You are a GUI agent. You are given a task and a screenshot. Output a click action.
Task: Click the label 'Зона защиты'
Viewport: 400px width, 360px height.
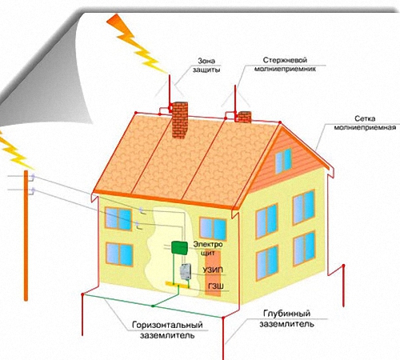click(206, 65)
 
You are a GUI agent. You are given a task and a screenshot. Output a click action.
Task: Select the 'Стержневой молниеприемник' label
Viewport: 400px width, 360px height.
click(285, 64)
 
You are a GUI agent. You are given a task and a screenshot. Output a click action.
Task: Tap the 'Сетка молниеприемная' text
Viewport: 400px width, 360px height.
click(365, 122)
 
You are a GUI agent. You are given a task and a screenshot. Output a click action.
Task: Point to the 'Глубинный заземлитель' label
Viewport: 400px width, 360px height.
click(286, 318)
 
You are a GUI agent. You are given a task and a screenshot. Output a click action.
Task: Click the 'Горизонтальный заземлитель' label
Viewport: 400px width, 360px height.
click(167, 330)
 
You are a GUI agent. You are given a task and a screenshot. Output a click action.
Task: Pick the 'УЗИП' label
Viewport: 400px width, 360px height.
click(212, 270)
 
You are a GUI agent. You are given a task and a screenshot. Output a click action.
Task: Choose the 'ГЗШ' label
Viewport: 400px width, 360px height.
click(216, 286)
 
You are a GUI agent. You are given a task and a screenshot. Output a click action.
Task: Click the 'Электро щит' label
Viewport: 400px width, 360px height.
click(208, 248)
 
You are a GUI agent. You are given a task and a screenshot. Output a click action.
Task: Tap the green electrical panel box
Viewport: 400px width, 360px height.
click(179, 247)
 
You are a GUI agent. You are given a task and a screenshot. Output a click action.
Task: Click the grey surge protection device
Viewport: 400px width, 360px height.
click(186, 271)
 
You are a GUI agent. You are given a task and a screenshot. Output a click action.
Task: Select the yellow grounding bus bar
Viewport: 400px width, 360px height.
click(178, 285)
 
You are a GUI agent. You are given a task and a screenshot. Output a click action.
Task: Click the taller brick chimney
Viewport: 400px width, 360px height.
click(180, 120)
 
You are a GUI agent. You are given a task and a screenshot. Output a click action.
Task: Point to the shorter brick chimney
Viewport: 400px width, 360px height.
click(244, 117)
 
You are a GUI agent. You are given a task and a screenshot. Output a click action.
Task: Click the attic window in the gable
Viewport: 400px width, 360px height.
click(283, 161)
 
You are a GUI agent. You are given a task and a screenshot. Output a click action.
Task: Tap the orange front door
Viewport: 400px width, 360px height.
click(213, 273)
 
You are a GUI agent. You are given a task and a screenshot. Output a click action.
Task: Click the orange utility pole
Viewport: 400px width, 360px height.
click(26, 236)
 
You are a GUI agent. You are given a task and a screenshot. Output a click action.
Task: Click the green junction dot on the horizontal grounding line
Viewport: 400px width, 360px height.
click(153, 306)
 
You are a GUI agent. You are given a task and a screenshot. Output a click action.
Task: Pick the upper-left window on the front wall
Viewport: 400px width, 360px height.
click(118, 218)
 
